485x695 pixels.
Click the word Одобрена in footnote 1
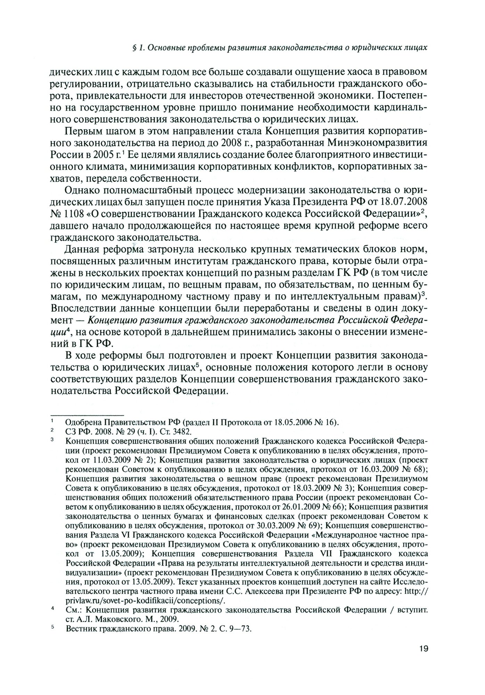[81, 422]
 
